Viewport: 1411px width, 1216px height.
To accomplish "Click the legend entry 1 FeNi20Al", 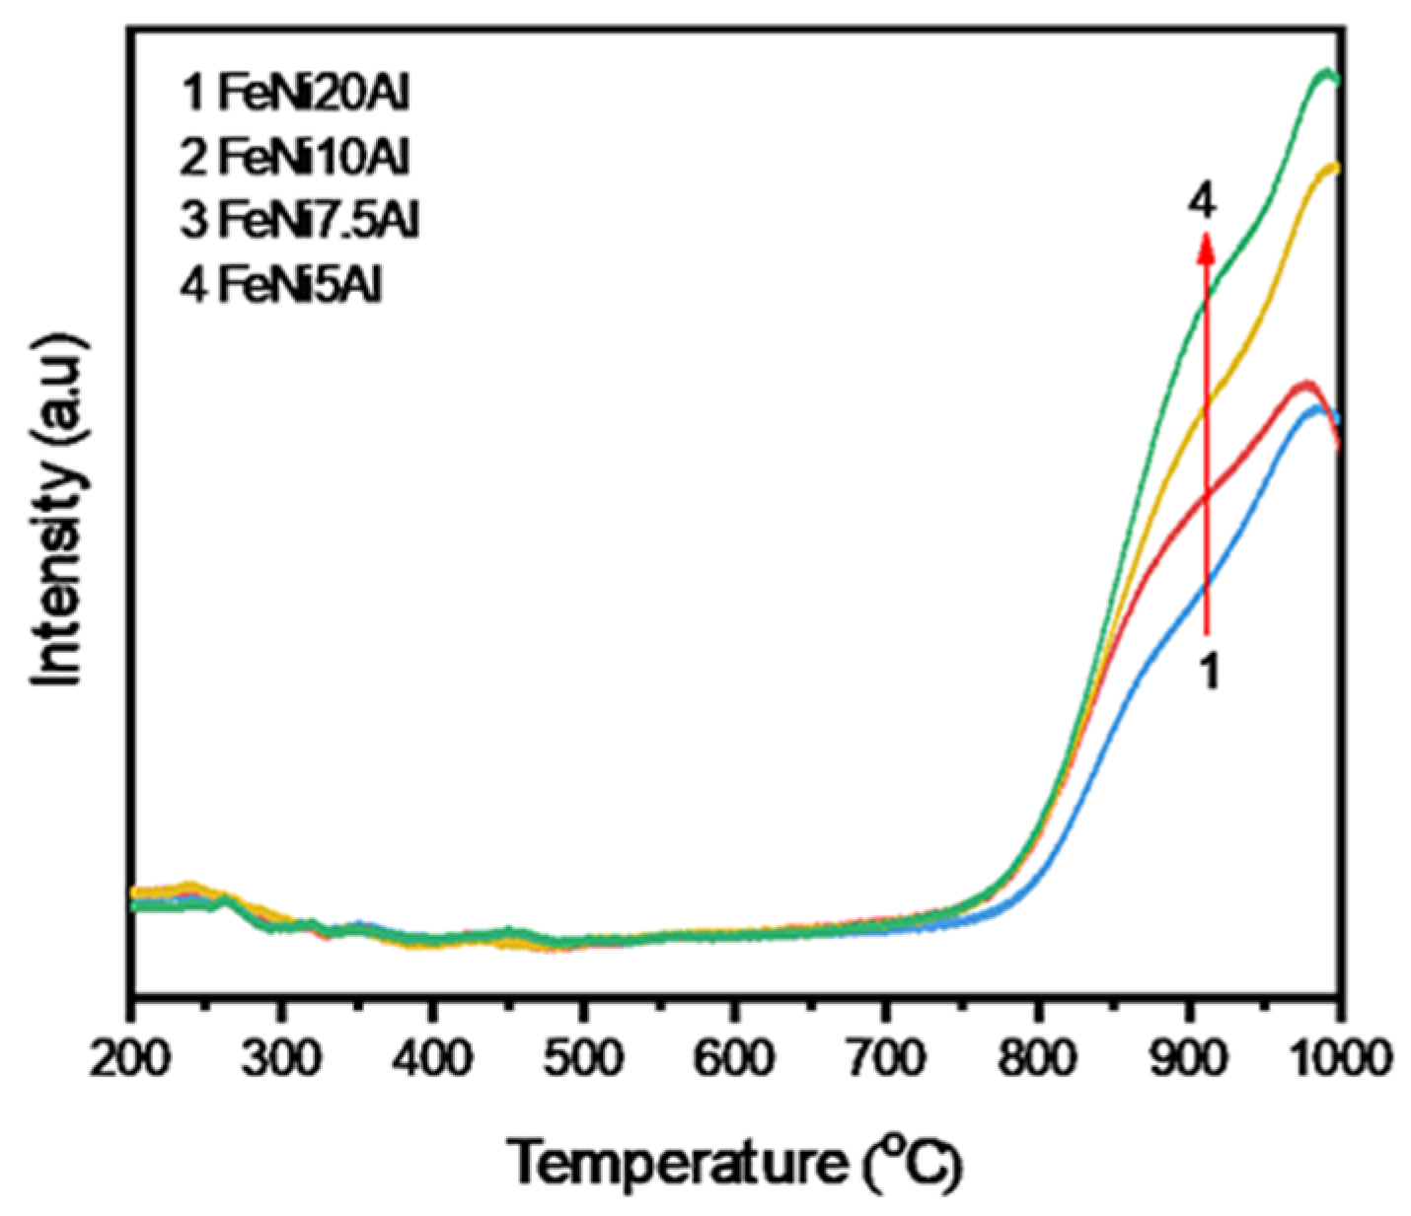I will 295,95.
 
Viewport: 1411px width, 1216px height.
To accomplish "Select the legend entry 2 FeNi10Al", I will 295,158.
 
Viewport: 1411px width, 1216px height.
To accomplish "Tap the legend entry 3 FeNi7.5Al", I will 300,221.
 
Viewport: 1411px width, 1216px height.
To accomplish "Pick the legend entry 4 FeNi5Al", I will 281,285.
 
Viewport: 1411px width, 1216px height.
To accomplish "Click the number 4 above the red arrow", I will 1202,203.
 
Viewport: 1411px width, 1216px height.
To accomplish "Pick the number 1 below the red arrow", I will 1209,673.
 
